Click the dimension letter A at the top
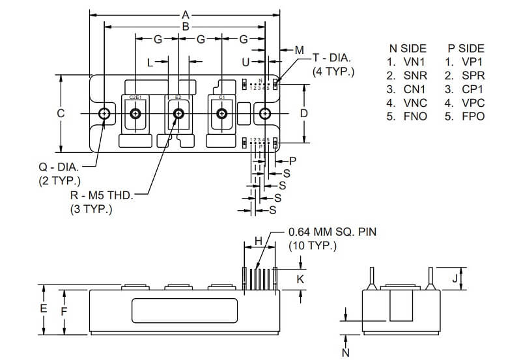coord(186,14)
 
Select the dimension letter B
coord(186,27)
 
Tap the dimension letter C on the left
coord(60,113)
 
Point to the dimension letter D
coord(303,113)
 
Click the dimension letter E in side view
coord(44,309)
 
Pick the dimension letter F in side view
coord(64,312)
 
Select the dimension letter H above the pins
coord(259,241)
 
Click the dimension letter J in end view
coord(455,278)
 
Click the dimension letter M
coord(299,50)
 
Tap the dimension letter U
coord(246,62)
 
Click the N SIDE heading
coord(408,48)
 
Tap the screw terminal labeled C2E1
coord(135,113)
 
